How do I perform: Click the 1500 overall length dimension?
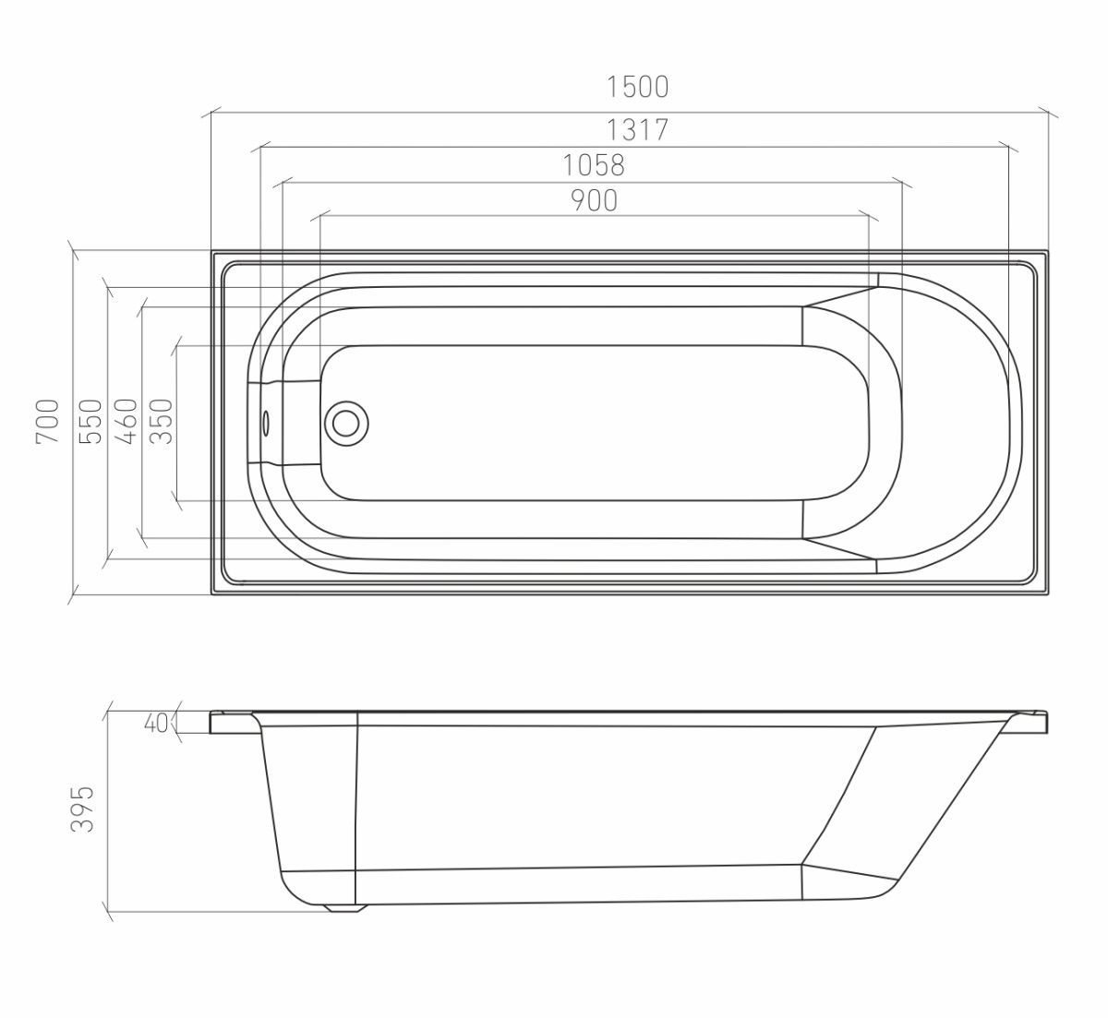pyautogui.click(x=637, y=87)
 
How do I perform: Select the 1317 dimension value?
pyautogui.click(x=637, y=130)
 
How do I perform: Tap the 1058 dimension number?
pyautogui.click(x=594, y=165)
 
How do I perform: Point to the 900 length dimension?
pyautogui.click(x=595, y=200)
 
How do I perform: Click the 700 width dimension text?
pyautogui.click(x=47, y=421)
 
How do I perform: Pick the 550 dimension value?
pyautogui.click(x=90, y=421)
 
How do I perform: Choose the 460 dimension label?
pyautogui.click(x=126, y=421)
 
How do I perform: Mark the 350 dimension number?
pyautogui.click(x=162, y=421)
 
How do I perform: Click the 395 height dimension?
pyautogui.click(x=82, y=808)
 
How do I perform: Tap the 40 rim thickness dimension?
pyautogui.click(x=156, y=723)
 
